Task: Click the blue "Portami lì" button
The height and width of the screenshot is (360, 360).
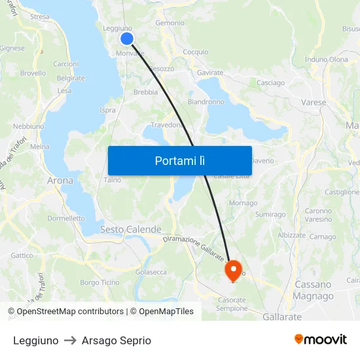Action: tap(180, 160)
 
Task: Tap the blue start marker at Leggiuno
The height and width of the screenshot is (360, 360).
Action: tap(127, 39)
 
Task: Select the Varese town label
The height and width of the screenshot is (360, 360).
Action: tap(314, 103)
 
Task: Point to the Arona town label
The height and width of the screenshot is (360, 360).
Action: tap(60, 180)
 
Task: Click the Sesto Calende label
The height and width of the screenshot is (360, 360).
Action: tap(130, 230)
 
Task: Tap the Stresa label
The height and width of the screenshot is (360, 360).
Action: tap(39, 17)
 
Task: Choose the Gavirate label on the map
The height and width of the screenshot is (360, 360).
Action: tap(210, 73)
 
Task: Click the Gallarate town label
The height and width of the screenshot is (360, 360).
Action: tap(282, 317)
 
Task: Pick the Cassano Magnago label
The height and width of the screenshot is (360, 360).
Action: tap(314, 290)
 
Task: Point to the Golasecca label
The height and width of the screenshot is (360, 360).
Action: tap(151, 272)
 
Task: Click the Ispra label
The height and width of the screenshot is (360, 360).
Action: tap(107, 110)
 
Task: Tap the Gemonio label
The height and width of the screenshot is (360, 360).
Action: tap(170, 23)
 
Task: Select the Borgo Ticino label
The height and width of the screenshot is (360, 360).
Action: tap(99, 283)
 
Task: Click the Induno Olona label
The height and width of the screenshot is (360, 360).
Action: tap(327, 60)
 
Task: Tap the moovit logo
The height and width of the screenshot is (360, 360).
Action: tap(321, 340)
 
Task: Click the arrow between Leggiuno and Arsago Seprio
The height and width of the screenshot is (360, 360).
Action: tap(70, 341)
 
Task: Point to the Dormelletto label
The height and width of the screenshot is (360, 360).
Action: tap(66, 219)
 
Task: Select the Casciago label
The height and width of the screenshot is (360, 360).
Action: tap(270, 83)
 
